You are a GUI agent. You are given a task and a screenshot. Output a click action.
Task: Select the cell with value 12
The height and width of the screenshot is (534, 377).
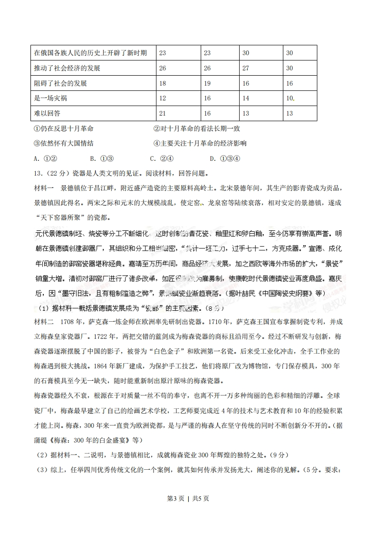tap(163, 98)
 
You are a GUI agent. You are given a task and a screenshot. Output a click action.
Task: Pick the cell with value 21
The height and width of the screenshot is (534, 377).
tap(163, 113)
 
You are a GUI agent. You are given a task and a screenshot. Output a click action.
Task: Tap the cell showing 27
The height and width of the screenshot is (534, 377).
tap(246, 68)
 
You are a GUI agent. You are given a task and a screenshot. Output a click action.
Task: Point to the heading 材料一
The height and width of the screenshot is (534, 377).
tap(45, 188)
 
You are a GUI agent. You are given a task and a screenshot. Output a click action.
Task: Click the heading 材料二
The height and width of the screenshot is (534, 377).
tap(45, 322)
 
